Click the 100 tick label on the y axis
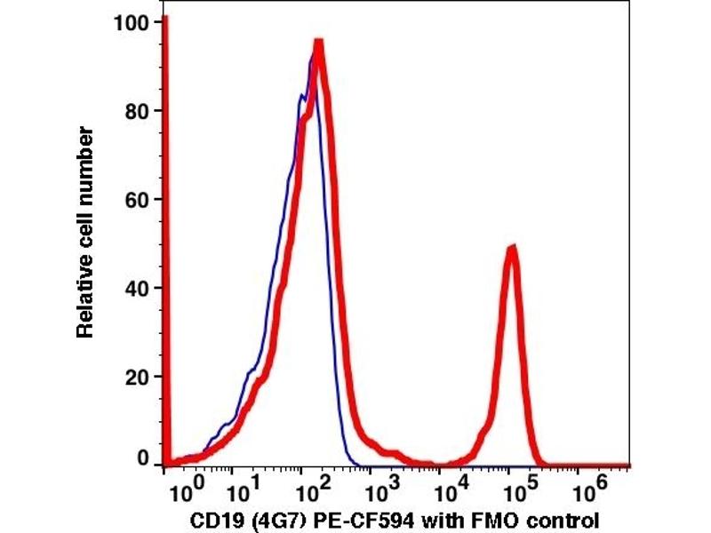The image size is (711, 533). pyautogui.click(x=133, y=21)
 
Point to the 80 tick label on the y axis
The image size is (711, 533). pyautogui.click(x=139, y=111)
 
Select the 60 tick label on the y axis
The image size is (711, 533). pyautogui.click(x=139, y=200)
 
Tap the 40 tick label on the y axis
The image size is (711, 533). pyautogui.click(x=139, y=288)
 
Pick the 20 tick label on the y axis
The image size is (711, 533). pyautogui.click(x=139, y=377)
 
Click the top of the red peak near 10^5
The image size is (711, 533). pyautogui.click(x=511, y=249)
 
